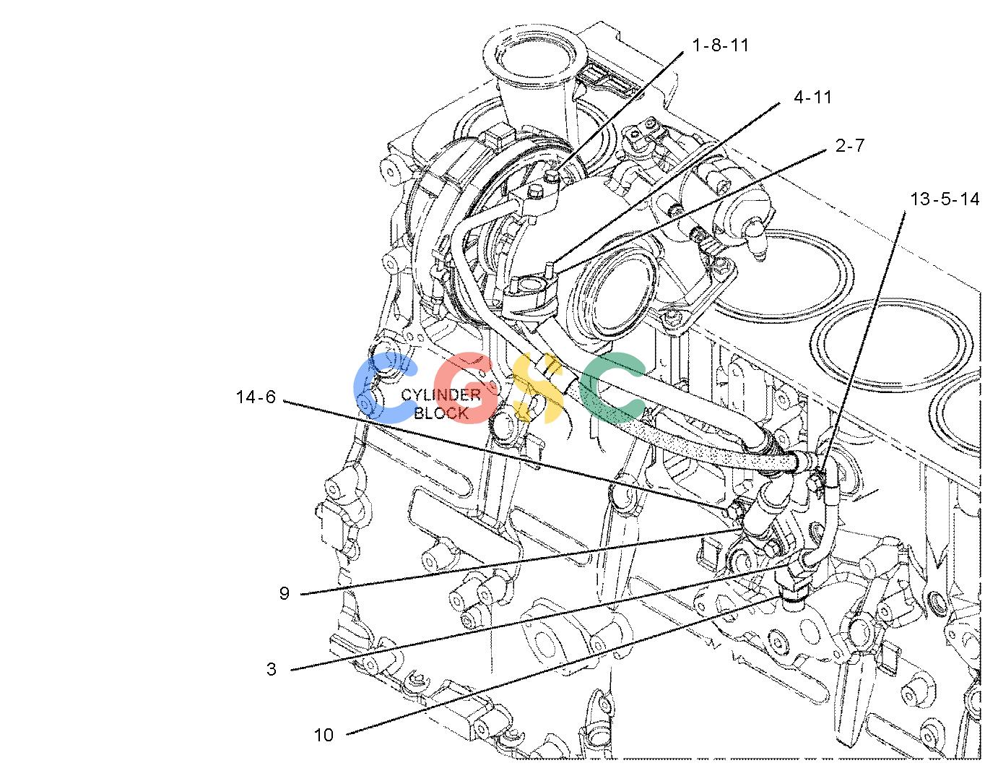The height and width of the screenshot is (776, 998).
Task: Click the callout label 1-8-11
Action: (720, 46)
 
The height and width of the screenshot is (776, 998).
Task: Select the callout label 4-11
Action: (812, 97)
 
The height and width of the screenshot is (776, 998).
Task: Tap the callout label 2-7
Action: (850, 146)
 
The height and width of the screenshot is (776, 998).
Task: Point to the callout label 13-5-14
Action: (945, 199)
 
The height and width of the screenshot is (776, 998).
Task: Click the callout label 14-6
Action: (256, 397)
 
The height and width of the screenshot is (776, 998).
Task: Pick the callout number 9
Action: (285, 593)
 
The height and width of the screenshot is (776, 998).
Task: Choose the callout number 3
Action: (272, 669)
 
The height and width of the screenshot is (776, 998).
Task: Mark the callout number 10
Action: (324, 735)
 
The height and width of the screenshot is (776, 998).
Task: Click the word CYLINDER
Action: (441, 395)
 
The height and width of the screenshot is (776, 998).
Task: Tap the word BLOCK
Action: (441, 413)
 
